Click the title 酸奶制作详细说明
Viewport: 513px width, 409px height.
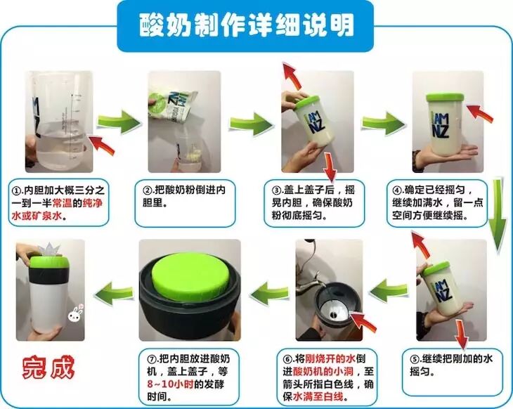[x=247, y=25]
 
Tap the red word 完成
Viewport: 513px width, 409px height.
[x=48, y=368]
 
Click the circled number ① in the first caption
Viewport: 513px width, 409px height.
[x=16, y=190]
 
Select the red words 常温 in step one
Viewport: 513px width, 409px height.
[x=62, y=203]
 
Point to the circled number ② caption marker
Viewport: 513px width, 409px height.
[x=147, y=190]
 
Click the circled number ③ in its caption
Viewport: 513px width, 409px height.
[x=276, y=190]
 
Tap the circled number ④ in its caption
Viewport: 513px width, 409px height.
[x=397, y=190]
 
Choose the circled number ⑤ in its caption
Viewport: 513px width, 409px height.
[x=415, y=359]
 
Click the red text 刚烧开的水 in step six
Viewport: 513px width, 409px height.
[x=330, y=359]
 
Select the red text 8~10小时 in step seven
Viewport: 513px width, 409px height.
[x=170, y=384]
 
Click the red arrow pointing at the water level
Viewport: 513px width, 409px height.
[x=102, y=145]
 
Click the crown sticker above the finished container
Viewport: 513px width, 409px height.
[x=49, y=250]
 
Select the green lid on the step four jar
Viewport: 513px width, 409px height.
[x=445, y=98]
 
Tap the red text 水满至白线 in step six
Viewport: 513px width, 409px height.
[x=318, y=397]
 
